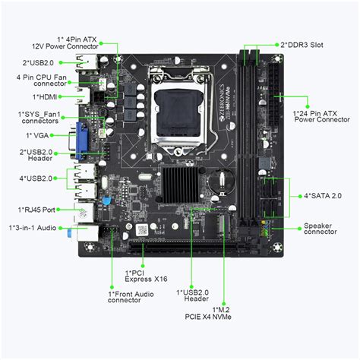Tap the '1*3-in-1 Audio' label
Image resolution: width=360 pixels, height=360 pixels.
(x=32, y=227)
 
